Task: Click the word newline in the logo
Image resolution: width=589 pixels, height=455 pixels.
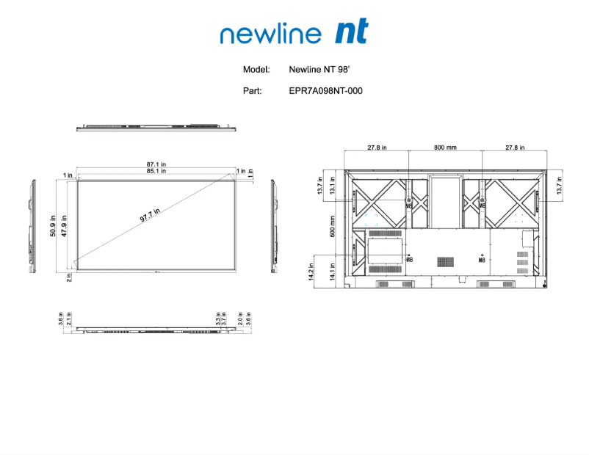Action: point(270,34)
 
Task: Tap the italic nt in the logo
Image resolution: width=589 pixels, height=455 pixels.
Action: point(351,32)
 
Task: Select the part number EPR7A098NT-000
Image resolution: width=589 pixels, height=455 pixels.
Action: point(325,91)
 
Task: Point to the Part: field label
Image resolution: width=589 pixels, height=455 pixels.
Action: point(252,91)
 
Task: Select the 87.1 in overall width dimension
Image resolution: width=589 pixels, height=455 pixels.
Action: point(156,164)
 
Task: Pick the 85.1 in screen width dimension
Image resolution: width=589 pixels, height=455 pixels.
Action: point(156,171)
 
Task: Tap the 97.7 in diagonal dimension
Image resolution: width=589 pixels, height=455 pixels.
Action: point(150,216)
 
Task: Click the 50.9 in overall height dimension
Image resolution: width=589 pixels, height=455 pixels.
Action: point(54,226)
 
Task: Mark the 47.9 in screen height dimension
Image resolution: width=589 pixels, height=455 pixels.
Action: point(64,226)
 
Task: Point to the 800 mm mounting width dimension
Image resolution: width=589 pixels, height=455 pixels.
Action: point(445,148)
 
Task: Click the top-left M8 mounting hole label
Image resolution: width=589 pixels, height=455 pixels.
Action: point(409,206)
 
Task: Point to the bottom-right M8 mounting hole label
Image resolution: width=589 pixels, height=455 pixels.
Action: point(482,260)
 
